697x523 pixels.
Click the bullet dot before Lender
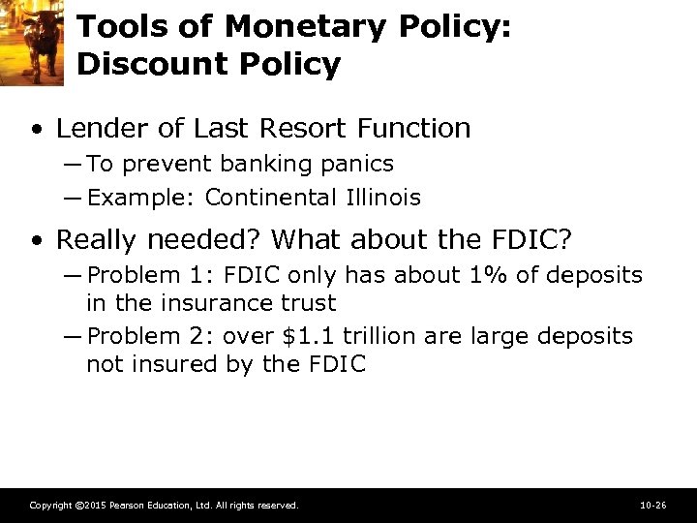tap(36, 129)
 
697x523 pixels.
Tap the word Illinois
tap(382, 199)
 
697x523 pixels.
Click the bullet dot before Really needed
tap(36, 239)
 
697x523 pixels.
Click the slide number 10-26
tap(653, 506)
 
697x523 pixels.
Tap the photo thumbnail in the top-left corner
tap(32, 43)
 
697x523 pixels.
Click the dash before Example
tap(74, 199)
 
